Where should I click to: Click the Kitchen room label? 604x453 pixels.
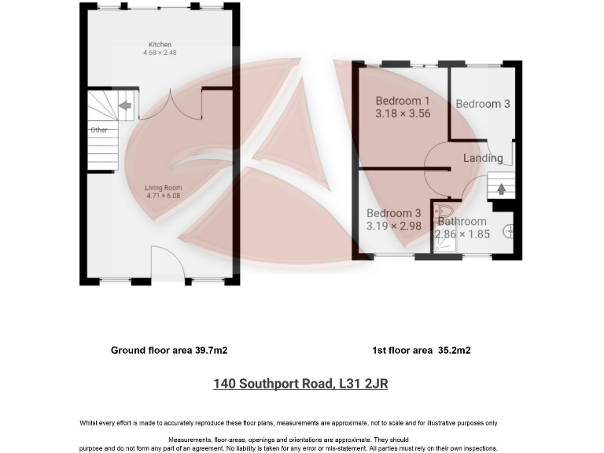(x=160, y=44)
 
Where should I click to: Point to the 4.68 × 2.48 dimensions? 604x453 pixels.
(x=160, y=53)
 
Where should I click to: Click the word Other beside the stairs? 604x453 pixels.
(x=98, y=130)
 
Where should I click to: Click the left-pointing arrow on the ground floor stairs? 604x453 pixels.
(x=123, y=105)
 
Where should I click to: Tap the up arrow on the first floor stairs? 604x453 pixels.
(x=501, y=189)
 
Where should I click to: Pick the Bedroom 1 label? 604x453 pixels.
(x=402, y=101)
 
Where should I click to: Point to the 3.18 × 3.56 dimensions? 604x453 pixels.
(x=402, y=113)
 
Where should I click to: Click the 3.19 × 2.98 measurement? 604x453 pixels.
(x=394, y=226)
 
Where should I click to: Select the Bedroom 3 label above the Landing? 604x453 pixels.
(x=483, y=104)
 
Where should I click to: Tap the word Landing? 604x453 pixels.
(x=483, y=158)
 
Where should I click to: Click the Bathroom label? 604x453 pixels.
(x=462, y=223)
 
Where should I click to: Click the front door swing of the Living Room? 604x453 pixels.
(x=167, y=263)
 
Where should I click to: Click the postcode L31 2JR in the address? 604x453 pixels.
(x=363, y=385)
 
